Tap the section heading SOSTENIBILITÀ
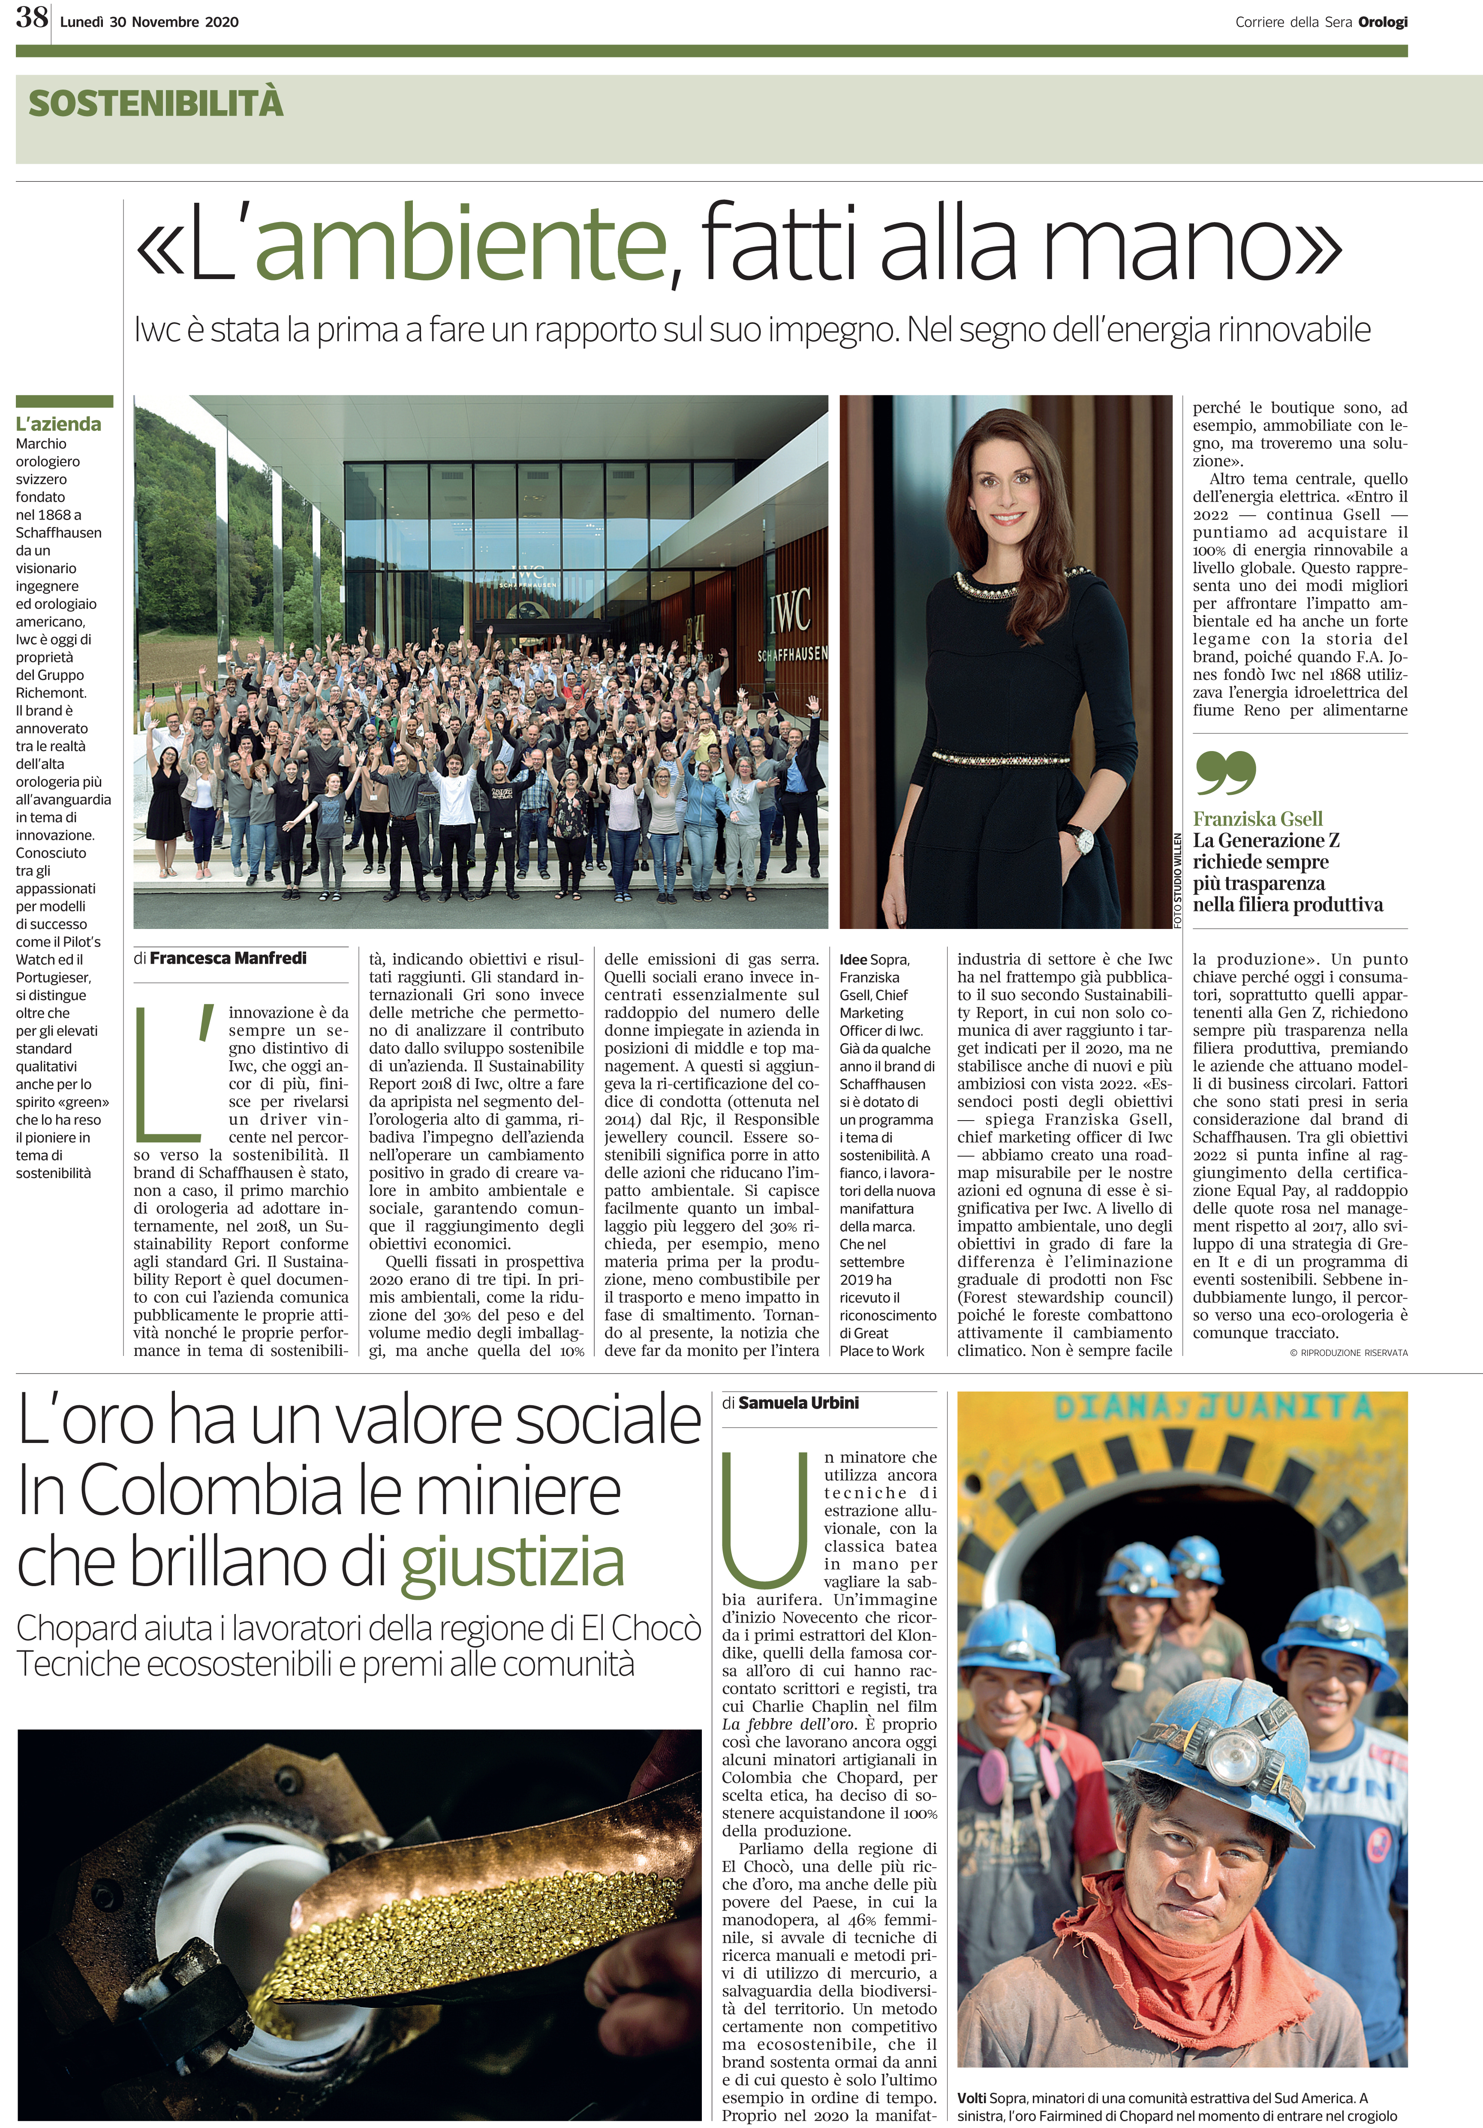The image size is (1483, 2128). click(156, 103)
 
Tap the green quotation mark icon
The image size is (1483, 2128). click(1225, 773)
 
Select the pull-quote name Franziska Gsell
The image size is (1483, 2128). click(1258, 819)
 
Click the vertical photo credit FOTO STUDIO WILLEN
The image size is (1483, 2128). click(1178, 881)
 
